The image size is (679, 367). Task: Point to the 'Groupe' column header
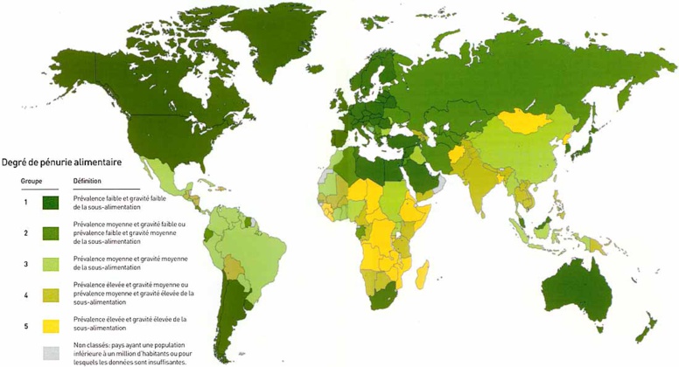click(x=33, y=182)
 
